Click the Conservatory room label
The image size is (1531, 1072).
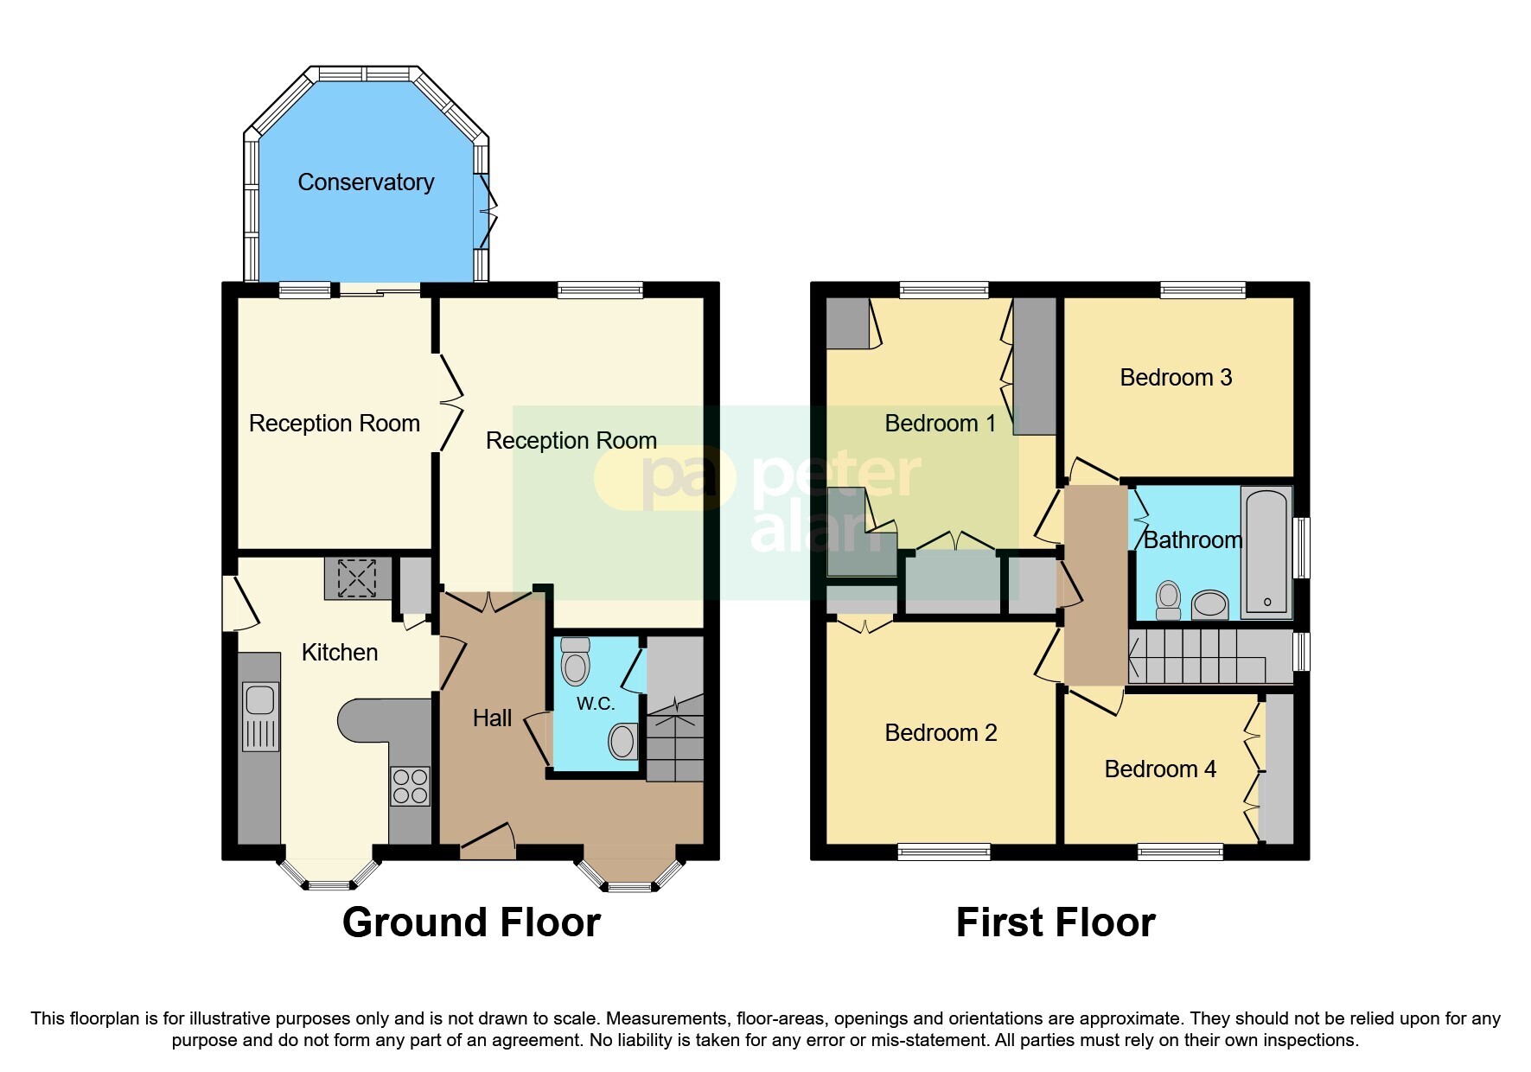tap(366, 182)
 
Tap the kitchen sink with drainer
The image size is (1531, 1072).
tap(260, 716)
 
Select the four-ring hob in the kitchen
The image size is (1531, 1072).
tap(410, 786)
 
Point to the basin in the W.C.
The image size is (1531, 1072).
tap(622, 741)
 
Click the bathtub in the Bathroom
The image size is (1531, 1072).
tap(1266, 552)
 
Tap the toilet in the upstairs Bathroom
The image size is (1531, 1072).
tap(1168, 599)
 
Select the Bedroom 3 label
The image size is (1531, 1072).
tap(1176, 378)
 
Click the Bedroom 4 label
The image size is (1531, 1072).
tap(1160, 769)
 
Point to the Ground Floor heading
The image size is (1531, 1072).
tap(471, 922)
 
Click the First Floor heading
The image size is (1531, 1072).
tap(1055, 922)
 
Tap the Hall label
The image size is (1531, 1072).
tap(492, 718)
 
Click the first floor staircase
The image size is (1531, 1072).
tap(1210, 657)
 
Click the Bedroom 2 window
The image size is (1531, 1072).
tap(944, 852)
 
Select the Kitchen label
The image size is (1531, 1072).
tap(340, 653)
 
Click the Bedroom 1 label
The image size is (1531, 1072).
tap(940, 424)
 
